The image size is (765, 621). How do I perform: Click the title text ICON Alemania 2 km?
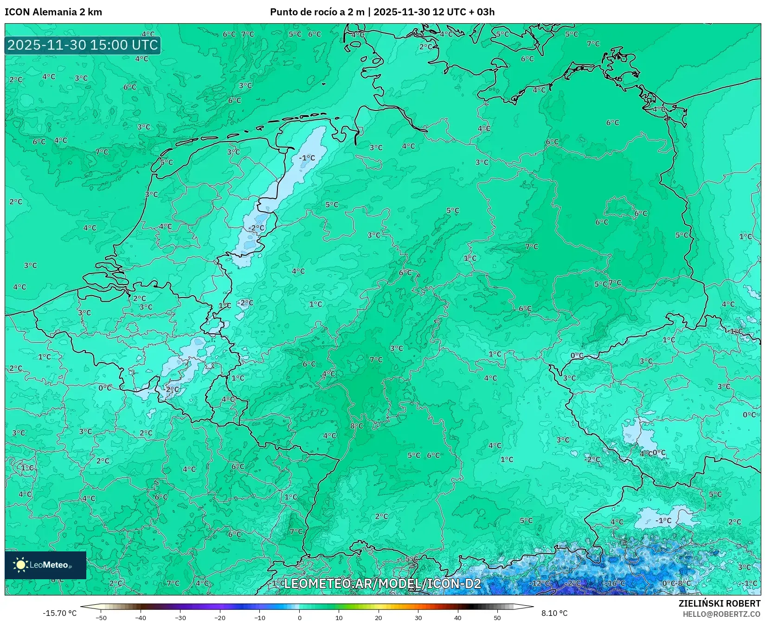[53, 12]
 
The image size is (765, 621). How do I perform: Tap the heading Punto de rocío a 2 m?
[317, 12]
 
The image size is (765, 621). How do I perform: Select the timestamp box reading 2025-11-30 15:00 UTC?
[83, 45]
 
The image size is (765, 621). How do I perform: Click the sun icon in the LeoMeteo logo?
[21, 564]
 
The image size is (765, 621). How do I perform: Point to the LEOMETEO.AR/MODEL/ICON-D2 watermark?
[382, 583]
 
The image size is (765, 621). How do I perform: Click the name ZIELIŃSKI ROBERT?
[720, 603]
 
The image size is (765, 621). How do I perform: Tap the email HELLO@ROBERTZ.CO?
[721, 614]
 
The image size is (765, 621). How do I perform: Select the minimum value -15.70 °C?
[59, 613]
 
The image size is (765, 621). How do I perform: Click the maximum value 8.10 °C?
[554, 613]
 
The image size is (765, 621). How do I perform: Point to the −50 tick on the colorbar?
[101, 618]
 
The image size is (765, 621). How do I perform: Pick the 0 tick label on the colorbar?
[299, 618]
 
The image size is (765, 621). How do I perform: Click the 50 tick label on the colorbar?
[497, 618]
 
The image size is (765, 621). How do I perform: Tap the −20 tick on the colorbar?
[220, 618]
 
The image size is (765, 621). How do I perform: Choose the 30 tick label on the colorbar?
[418, 618]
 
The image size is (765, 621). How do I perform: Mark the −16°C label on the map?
[615, 583]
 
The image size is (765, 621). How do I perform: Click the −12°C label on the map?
[540, 583]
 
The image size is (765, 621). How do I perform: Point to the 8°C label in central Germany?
[357, 426]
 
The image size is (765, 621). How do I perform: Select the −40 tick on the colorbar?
[141, 618]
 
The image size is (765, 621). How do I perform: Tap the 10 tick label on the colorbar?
[339, 618]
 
